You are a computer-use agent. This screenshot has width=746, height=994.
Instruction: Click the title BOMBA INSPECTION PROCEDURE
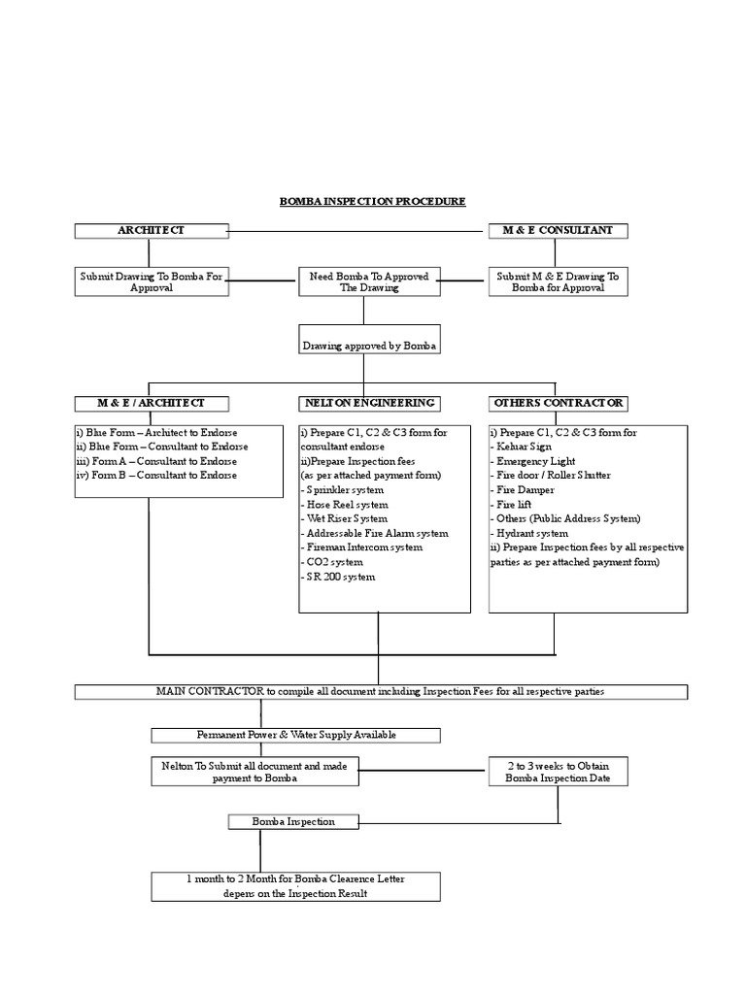(x=372, y=201)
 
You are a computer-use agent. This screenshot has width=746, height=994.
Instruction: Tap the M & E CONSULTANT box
(x=557, y=230)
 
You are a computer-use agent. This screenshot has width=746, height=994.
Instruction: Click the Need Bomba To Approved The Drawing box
(x=368, y=282)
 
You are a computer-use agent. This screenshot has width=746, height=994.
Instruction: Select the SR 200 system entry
(x=338, y=577)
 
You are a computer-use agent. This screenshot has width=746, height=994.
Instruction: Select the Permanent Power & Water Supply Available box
(x=295, y=735)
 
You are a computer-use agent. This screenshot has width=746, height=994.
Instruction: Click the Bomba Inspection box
(x=294, y=821)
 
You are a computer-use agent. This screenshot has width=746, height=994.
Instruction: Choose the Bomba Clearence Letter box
(x=295, y=885)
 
